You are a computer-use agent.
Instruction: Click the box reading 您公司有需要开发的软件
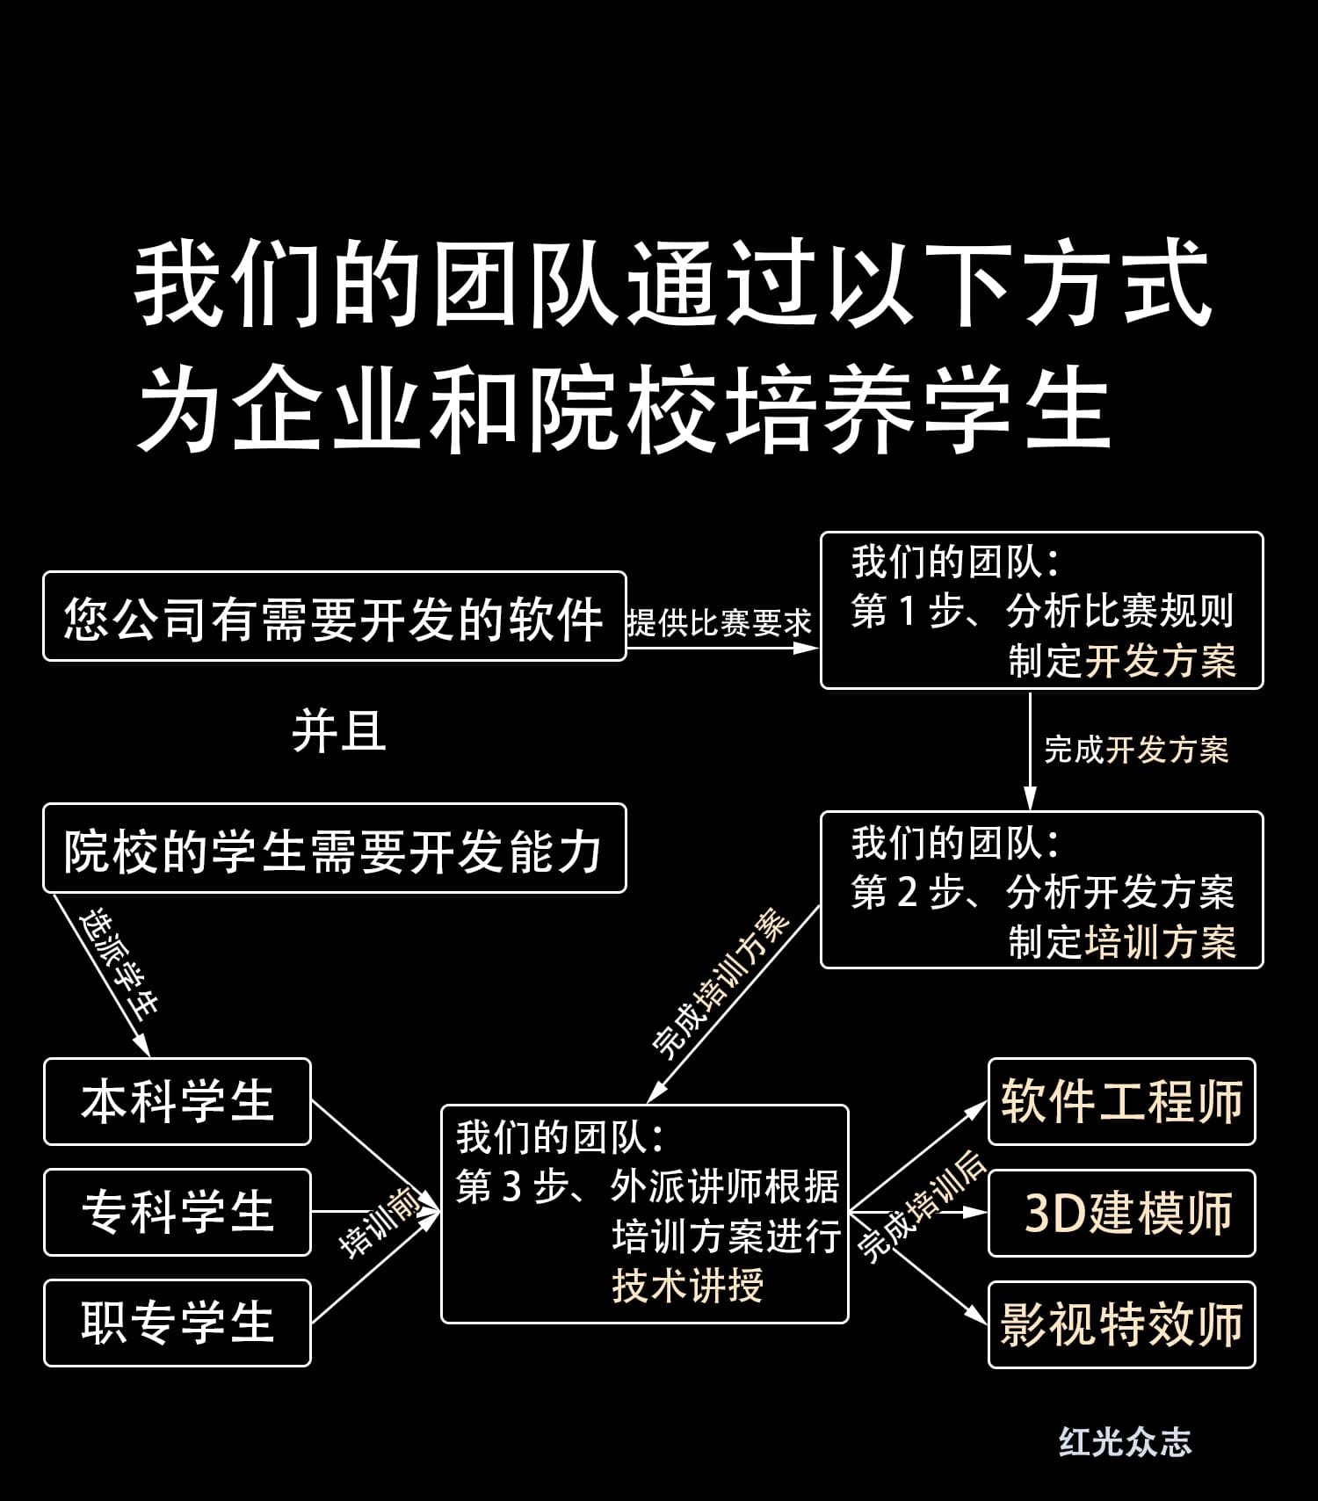(334, 617)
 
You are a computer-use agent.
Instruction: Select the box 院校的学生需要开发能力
(334, 849)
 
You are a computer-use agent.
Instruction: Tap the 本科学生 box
(177, 1102)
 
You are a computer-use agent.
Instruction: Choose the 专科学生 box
(177, 1213)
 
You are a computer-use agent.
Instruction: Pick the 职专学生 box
(177, 1323)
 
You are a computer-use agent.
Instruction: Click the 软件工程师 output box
(1121, 1102)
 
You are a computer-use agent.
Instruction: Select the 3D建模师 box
(1121, 1214)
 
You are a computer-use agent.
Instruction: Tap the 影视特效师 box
(1121, 1325)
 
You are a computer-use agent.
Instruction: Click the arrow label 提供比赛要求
(719, 623)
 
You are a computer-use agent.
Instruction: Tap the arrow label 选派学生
(119, 963)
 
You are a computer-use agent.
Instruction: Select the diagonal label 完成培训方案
(722, 984)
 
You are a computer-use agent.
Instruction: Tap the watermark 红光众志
(1125, 1442)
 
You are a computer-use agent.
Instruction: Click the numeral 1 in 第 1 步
(909, 612)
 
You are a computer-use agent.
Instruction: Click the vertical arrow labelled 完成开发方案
(1031, 750)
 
